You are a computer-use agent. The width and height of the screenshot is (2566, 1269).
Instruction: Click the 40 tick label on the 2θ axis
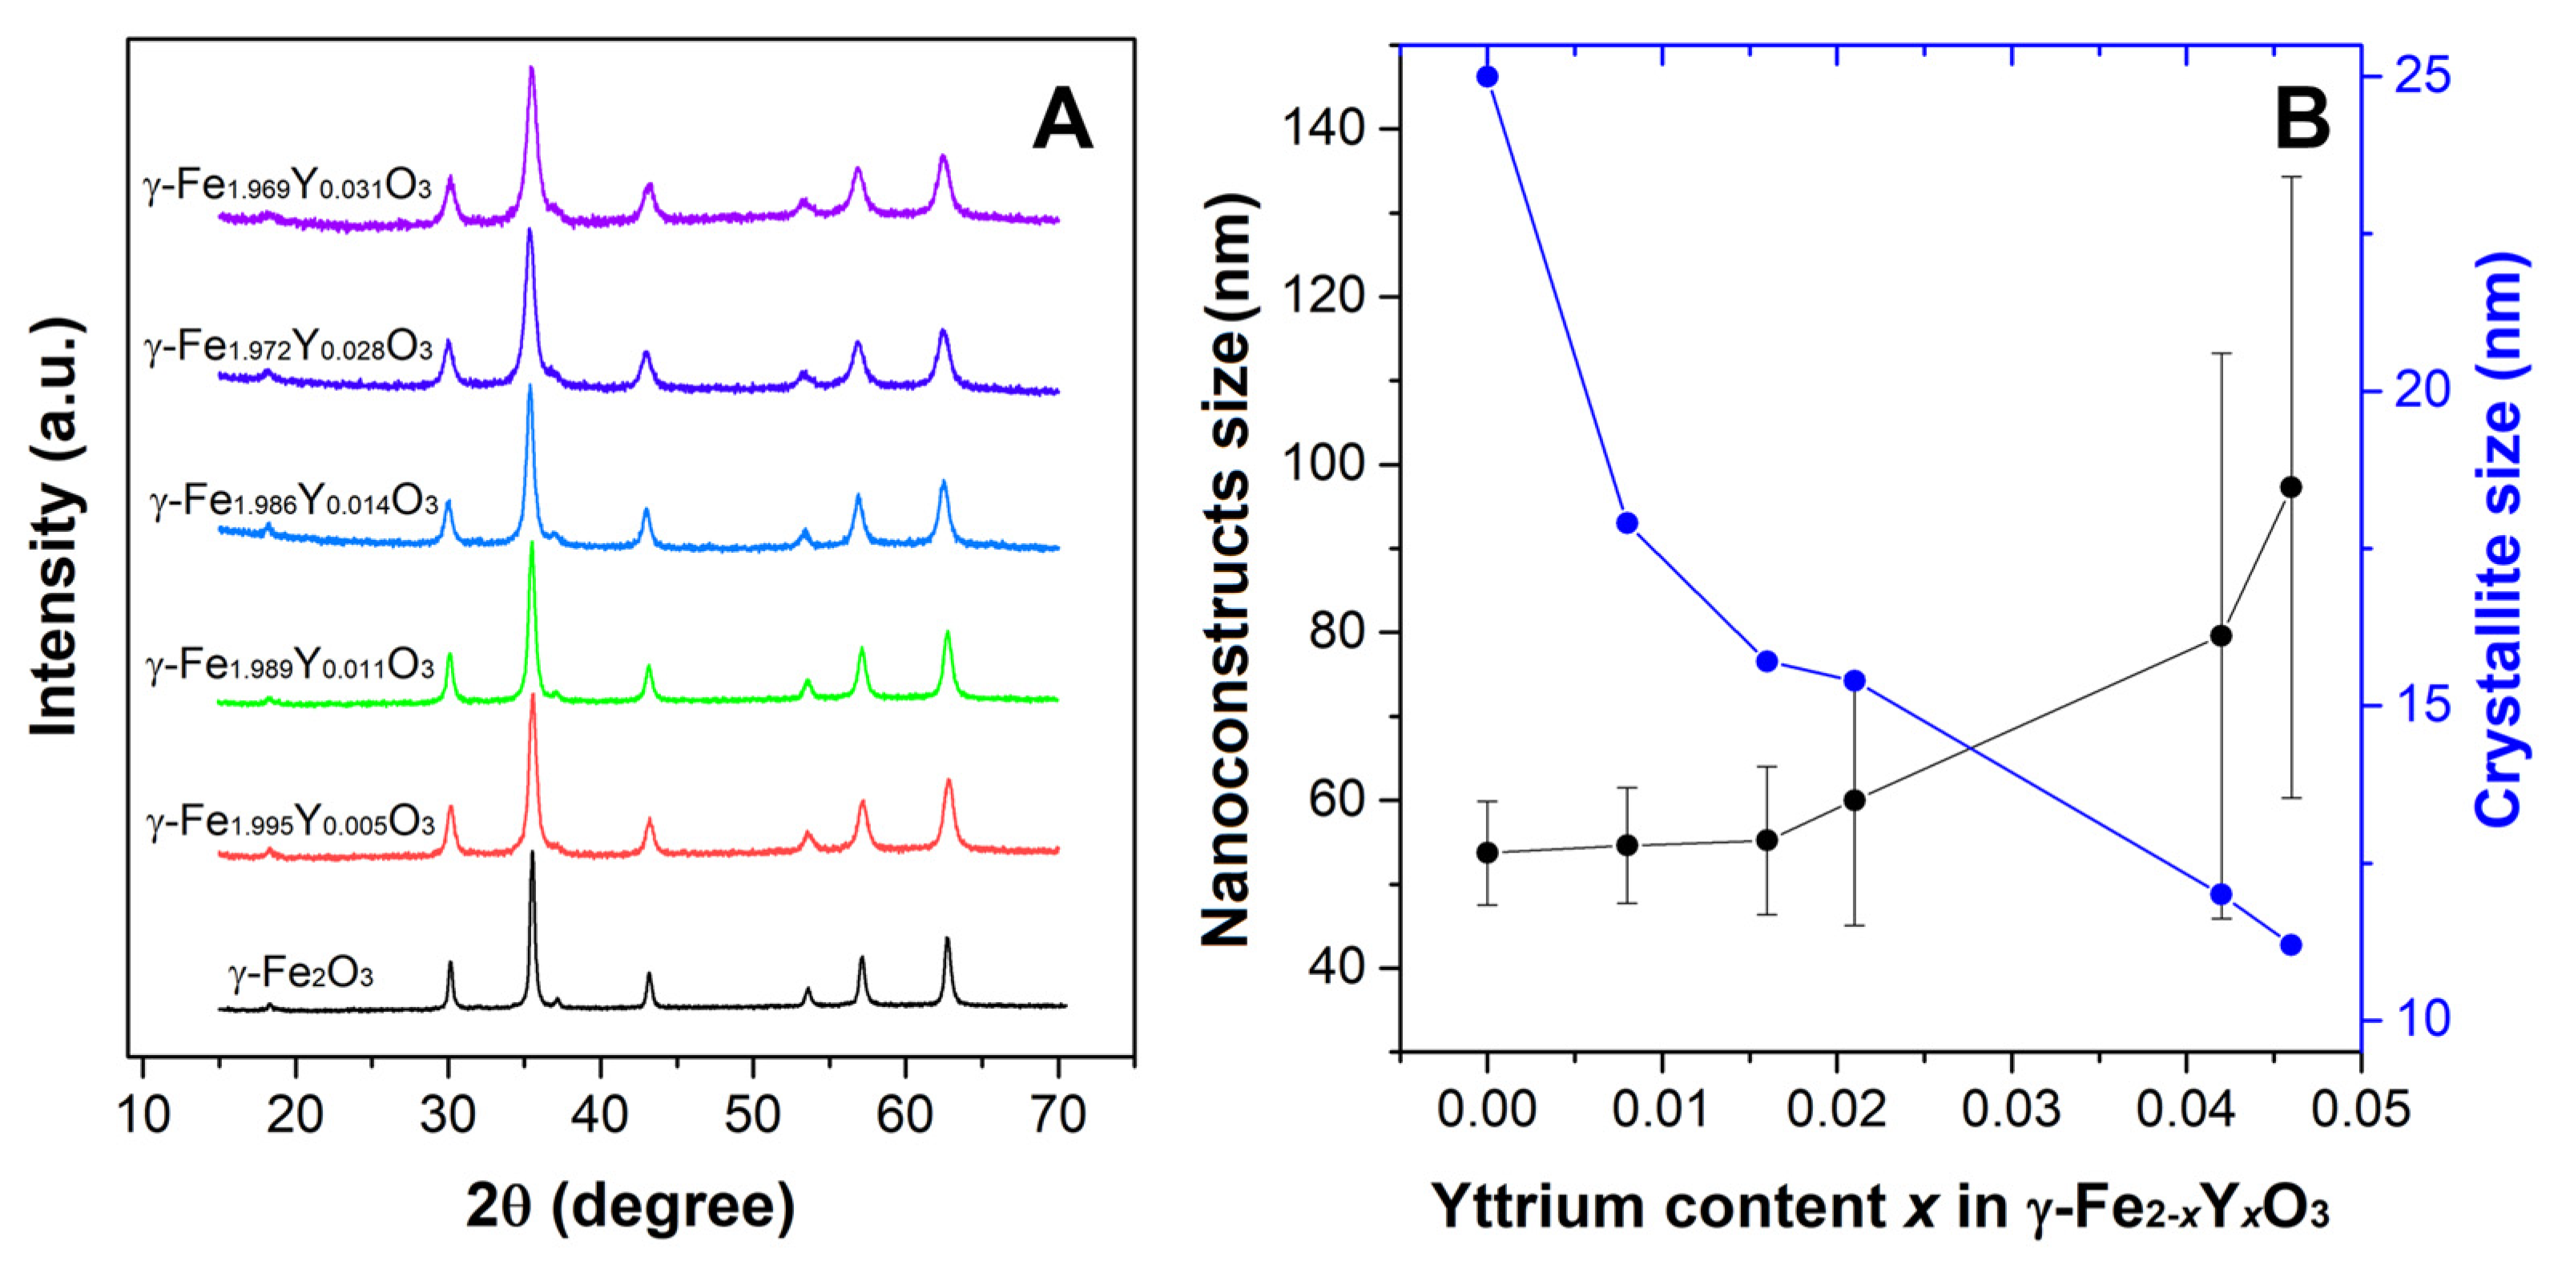coord(600,1114)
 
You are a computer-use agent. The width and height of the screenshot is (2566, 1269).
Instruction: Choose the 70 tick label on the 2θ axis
coord(1057,1114)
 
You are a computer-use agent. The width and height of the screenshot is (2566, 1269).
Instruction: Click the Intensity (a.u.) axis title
coord(54,528)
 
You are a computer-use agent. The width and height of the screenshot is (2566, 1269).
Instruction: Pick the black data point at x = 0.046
coord(2291,487)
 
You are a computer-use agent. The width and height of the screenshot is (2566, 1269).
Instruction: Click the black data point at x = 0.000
coord(1487,852)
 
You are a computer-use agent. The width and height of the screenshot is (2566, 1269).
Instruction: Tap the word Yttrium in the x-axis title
coord(1539,1207)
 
